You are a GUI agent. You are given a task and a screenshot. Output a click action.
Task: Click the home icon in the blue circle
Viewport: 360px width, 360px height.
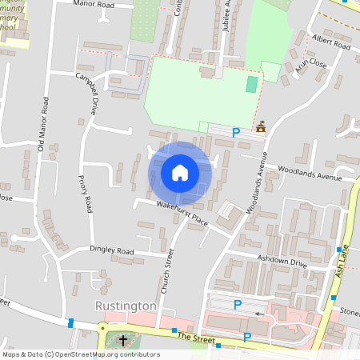(x=180, y=173)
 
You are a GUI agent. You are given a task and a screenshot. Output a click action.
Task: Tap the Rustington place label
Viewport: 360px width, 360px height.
(x=125, y=306)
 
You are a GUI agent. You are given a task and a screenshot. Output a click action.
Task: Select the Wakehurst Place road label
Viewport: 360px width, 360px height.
(x=182, y=214)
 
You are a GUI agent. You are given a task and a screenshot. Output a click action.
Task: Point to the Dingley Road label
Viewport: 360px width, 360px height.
(x=111, y=251)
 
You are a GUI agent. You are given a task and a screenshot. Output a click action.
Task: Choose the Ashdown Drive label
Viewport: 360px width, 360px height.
(x=282, y=261)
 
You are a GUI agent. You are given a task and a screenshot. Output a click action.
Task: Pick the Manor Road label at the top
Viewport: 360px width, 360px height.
(x=115, y=5)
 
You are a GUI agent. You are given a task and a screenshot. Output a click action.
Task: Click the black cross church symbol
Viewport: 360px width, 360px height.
(x=123, y=342)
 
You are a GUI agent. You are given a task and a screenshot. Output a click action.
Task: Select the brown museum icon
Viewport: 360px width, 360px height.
(x=261, y=127)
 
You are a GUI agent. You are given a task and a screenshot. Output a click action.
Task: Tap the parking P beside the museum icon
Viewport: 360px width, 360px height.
(x=236, y=132)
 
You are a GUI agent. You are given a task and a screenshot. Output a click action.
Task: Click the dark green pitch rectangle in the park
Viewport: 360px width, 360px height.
(x=252, y=84)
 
